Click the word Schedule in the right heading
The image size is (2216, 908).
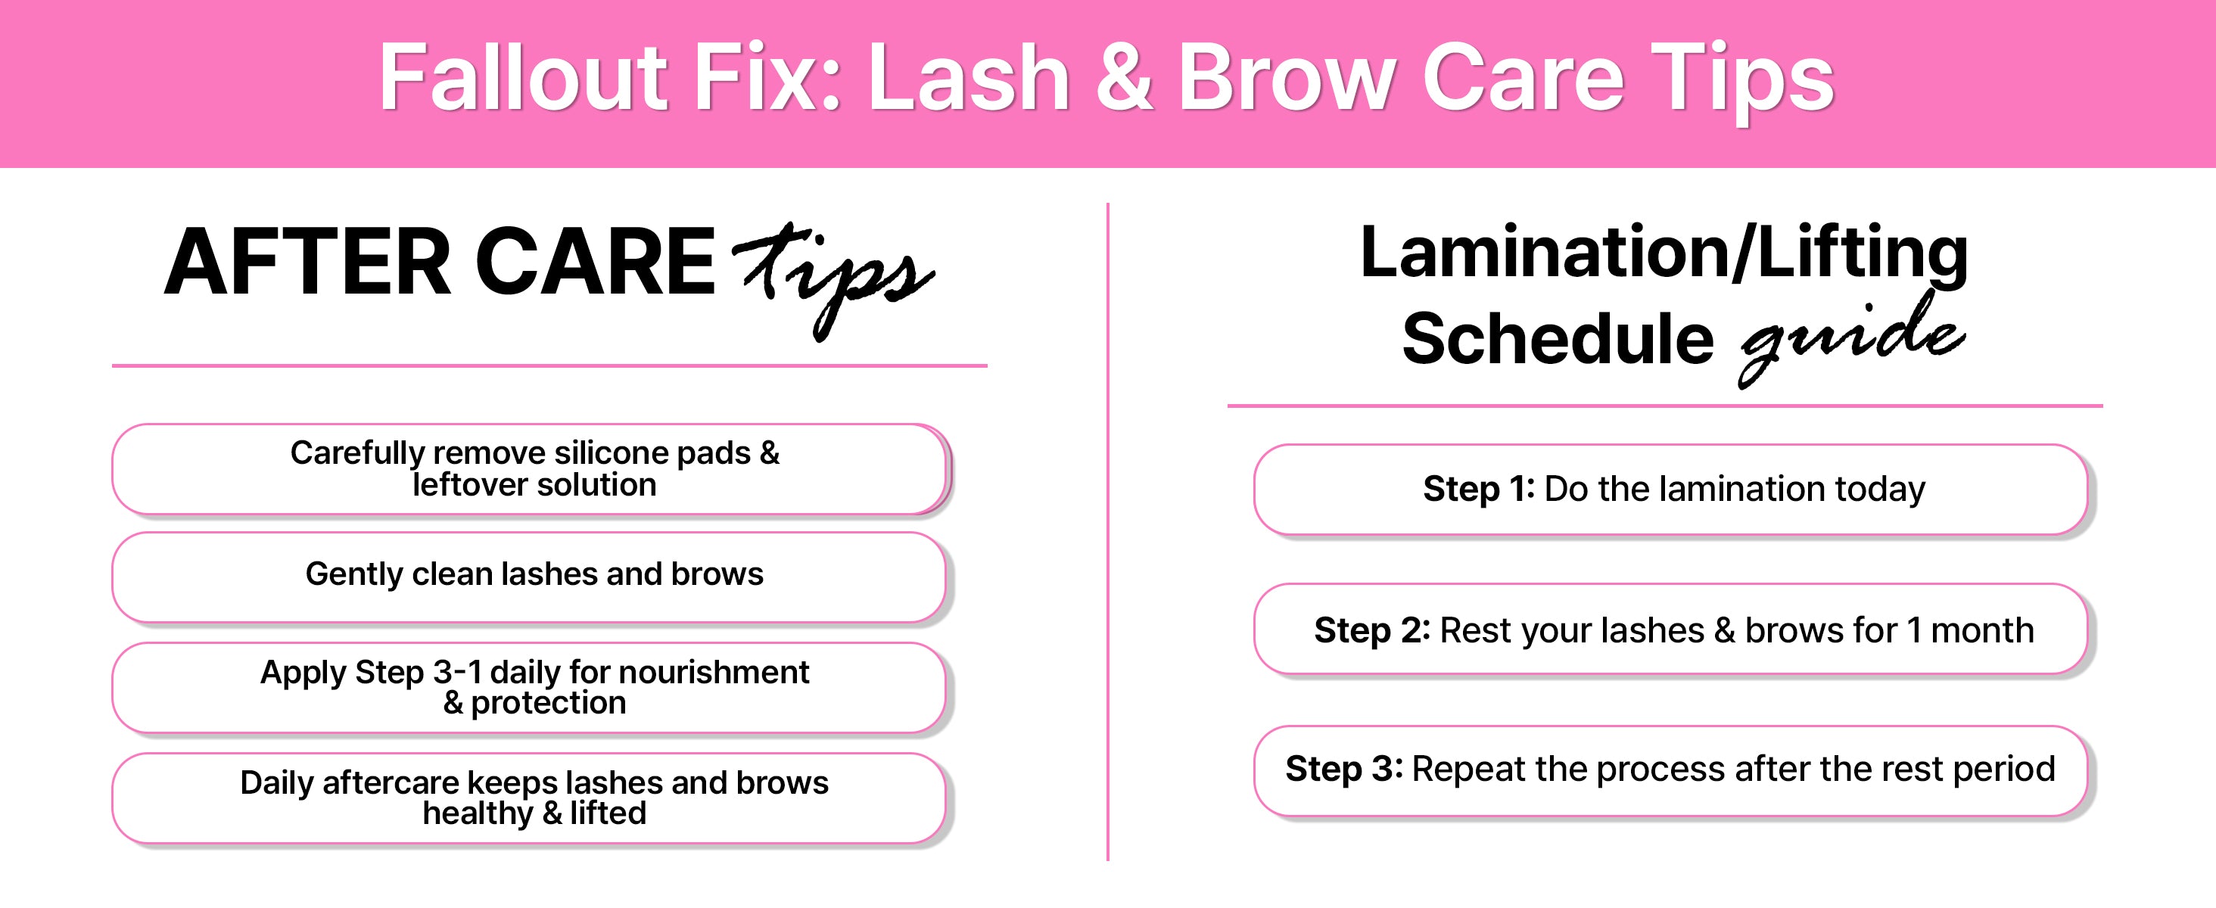pos(1558,338)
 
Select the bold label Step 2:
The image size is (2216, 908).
pos(1371,631)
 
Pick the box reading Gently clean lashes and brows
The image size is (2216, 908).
pos(530,577)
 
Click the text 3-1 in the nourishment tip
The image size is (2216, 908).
pos(457,673)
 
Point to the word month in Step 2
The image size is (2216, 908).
pos(1982,631)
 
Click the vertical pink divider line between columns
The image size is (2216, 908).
pos(1108,531)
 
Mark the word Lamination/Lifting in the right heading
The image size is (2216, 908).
pos(1664,253)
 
